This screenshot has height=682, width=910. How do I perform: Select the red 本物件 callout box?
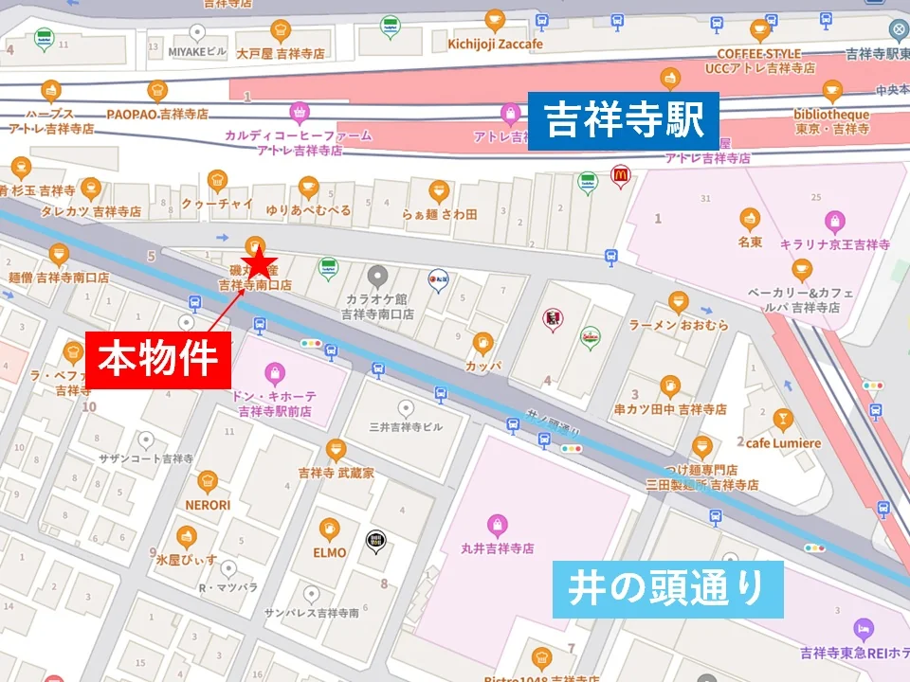point(159,359)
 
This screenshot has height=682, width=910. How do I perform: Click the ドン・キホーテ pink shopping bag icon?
point(274,370)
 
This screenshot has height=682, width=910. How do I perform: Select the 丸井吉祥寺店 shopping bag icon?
point(496,523)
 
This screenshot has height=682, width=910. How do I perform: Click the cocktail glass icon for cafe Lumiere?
point(782,419)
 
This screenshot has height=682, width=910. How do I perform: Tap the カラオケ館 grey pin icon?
point(377,276)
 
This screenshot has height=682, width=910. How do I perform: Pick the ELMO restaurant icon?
point(329,529)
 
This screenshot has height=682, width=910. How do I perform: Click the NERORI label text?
point(208,505)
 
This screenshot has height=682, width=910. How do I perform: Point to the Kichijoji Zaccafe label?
point(496,44)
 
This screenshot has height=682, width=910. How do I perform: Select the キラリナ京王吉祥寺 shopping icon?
point(834,221)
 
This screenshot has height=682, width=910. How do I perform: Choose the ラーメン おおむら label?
point(679,325)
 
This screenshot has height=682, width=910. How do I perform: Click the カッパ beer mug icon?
point(482,342)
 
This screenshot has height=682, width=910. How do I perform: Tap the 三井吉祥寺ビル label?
point(406,427)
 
